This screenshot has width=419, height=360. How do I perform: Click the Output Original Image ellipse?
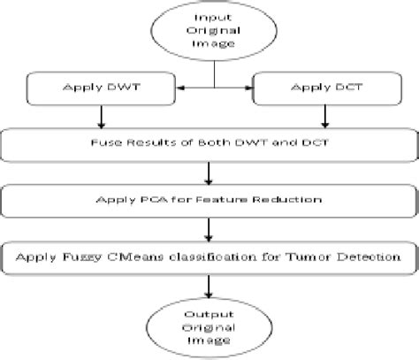pyautogui.click(x=210, y=322)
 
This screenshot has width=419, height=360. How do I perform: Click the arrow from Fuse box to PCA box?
pyautogui.click(x=210, y=172)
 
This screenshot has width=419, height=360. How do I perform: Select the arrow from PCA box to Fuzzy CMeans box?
pyautogui.click(x=210, y=227)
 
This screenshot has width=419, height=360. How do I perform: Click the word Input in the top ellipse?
pyautogui.click(x=215, y=19)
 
